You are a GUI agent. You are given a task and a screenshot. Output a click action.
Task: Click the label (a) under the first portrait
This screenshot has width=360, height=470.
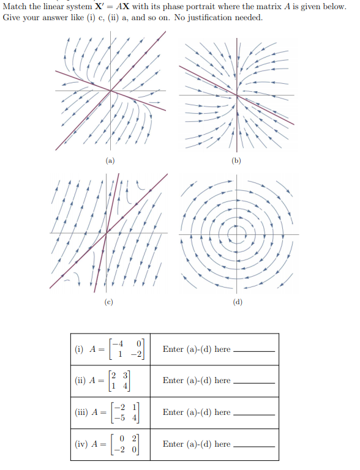110,162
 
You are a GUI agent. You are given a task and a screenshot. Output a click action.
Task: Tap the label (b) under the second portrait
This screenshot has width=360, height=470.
237,162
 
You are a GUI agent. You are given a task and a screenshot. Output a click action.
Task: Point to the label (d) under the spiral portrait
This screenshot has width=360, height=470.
237,302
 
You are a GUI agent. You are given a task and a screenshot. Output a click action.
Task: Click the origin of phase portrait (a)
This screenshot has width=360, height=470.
111,91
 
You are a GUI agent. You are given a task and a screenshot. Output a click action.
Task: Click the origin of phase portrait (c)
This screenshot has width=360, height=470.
107,233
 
